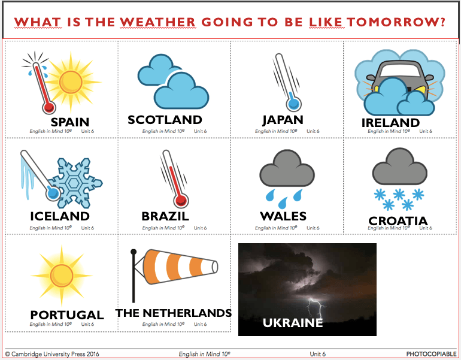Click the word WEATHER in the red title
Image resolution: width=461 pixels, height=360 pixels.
coord(157,22)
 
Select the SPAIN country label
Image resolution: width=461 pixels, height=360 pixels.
coord(70,122)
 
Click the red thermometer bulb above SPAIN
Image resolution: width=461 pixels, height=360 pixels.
coord(49,107)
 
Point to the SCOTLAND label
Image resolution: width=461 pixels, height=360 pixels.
coord(165,120)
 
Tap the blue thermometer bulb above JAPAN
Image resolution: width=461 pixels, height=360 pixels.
coord(294,104)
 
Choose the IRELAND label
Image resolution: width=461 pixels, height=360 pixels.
coord(390,123)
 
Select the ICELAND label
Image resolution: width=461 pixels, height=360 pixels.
coord(60,216)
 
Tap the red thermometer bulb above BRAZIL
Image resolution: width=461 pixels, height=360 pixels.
coord(181,201)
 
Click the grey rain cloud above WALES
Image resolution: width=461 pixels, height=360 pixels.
coord(287,168)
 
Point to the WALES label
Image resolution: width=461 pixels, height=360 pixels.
coord(283,216)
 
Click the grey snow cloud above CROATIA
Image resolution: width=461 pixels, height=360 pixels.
coord(399,167)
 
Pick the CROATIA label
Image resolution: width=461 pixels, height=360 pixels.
coord(398,221)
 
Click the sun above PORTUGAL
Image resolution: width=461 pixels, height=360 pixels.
coord(62,276)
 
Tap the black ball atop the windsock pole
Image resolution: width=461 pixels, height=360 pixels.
coord(134,252)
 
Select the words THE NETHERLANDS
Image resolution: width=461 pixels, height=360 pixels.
coord(174,313)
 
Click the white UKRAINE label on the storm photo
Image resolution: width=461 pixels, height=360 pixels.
coord(293,323)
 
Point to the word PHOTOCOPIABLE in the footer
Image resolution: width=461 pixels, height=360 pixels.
coord(431,354)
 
